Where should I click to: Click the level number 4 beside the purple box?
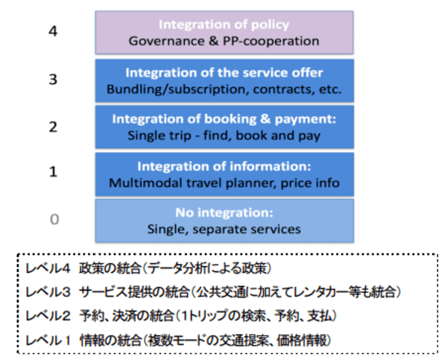pyautogui.click(x=53, y=31)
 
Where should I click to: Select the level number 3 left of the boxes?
pyautogui.click(x=53, y=79)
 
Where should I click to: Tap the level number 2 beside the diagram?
pyautogui.click(x=53, y=127)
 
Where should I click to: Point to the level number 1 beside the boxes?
pyautogui.click(x=54, y=171)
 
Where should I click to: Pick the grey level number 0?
pyautogui.click(x=54, y=219)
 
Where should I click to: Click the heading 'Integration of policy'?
pyautogui.click(x=224, y=25)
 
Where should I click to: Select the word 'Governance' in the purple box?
pyautogui.click(x=166, y=41)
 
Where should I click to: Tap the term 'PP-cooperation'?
pyautogui.click(x=271, y=41)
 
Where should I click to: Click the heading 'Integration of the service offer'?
pyautogui.click(x=224, y=73)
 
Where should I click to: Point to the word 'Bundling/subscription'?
pyautogui.click(x=175, y=89)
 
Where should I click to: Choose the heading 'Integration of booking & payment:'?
pyautogui.click(x=224, y=119)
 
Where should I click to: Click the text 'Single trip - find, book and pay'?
pyautogui.click(x=224, y=136)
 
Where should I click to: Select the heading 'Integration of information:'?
pyautogui.click(x=224, y=166)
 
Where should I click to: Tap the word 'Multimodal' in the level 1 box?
pyautogui.click(x=145, y=183)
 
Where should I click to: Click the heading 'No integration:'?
pyautogui.click(x=224, y=213)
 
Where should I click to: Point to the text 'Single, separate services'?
pyautogui.click(x=224, y=230)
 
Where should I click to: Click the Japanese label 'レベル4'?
pyautogui.click(x=48, y=268)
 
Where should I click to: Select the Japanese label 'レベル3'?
pyautogui.click(x=48, y=292)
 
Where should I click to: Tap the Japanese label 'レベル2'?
pyautogui.click(x=48, y=316)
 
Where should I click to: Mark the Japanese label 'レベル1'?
pyautogui.click(x=48, y=341)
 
